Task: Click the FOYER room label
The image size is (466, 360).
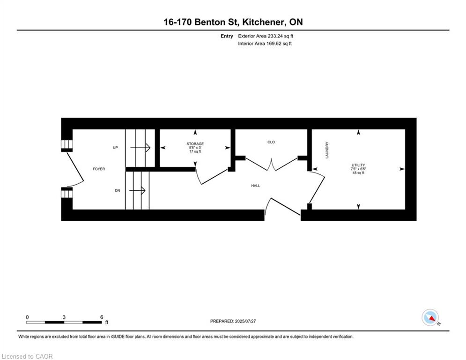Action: (98, 169)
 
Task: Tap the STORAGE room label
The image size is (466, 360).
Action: (195, 143)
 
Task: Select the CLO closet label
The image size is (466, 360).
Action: (271, 142)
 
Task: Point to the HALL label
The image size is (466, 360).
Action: (255, 186)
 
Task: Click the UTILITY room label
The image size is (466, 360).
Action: (358, 165)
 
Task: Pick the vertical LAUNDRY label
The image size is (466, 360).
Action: (327, 150)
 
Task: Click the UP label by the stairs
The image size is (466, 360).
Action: (115, 148)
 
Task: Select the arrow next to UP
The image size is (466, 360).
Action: (140, 148)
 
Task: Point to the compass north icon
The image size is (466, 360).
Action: (429, 317)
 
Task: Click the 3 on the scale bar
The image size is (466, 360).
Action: (64, 317)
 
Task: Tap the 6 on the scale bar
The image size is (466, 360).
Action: (102, 317)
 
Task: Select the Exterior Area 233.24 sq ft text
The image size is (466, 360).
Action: (266, 36)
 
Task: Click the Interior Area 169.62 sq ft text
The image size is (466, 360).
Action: (265, 44)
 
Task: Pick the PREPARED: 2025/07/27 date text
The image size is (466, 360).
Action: (235, 321)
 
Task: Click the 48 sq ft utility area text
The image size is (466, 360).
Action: (358, 173)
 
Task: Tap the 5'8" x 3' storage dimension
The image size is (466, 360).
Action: (195, 148)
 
